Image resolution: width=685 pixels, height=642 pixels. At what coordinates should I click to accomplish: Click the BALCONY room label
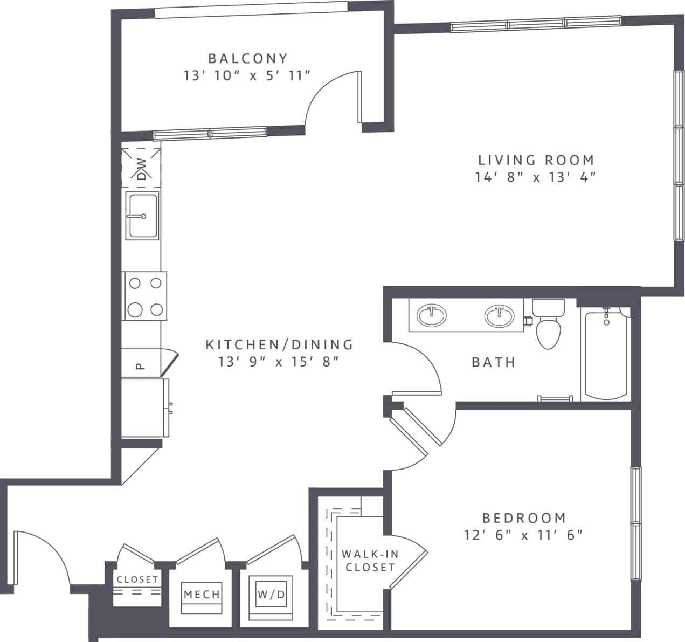[x=248, y=58]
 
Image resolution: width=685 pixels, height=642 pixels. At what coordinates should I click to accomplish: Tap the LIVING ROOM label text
[x=536, y=160]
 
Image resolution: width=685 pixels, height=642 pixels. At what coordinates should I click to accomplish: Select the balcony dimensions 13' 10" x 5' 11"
[x=247, y=75]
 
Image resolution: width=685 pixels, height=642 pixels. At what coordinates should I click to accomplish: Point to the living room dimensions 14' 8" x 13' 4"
[x=536, y=177]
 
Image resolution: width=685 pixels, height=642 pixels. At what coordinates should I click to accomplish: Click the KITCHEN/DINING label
[x=279, y=344]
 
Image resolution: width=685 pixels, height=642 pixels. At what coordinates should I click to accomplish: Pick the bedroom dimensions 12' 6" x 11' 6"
[x=524, y=535]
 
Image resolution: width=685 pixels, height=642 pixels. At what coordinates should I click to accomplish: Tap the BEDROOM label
[x=524, y=518]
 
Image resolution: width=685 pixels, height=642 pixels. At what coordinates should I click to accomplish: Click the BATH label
[x=494, y=362]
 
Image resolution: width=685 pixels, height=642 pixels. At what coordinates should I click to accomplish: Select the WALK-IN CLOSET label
[x=370, y=561]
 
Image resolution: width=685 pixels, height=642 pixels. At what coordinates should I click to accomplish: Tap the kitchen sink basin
[x=143, y=216]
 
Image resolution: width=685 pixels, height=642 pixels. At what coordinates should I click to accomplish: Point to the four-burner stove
[x=144, y=296]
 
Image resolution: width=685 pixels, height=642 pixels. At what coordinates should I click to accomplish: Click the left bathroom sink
[x=431, y=315]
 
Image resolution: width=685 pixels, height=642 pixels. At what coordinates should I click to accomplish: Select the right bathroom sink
[x=499, y=316]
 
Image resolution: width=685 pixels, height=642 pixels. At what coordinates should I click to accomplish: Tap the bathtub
[x=605, y=356]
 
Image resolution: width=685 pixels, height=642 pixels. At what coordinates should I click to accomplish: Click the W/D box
[x=271, y=595]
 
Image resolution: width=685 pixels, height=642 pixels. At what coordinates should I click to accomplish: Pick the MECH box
[x=202, y=595]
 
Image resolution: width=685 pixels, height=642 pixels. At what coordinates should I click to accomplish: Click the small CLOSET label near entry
[x=137, y=580]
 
